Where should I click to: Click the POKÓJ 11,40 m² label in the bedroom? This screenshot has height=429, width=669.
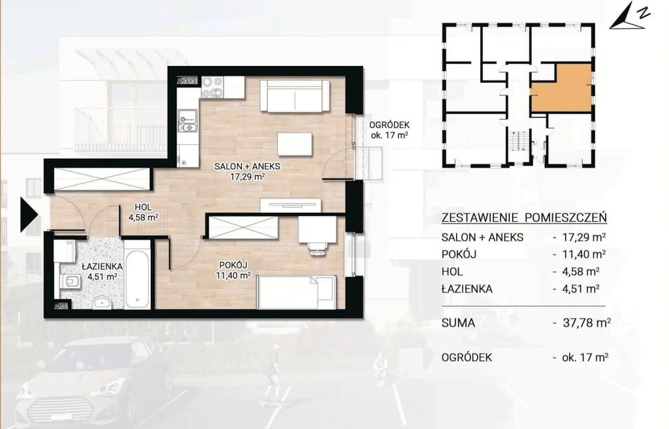coord(233,270)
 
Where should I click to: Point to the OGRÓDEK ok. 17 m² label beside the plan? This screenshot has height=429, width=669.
coord(389,131)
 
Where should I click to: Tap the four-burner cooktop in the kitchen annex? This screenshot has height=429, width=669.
coord(212,87)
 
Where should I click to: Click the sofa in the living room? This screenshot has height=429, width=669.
coord(294,96)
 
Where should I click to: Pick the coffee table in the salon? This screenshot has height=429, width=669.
coord(294,144)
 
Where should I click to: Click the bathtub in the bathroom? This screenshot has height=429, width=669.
coord(138,275)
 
